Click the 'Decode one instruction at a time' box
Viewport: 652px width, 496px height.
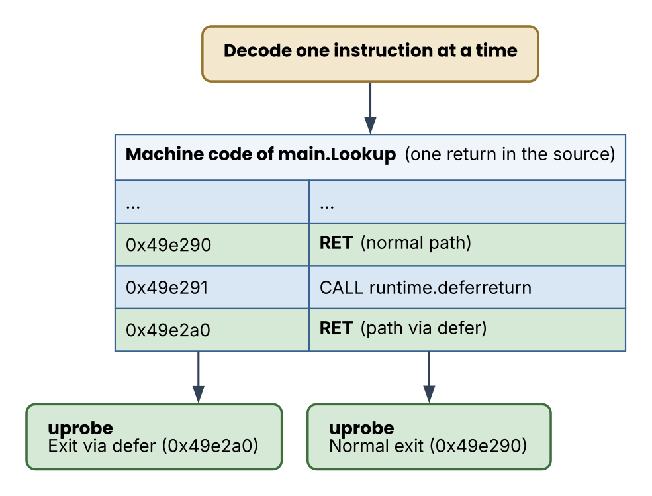pyautogui.click(x=370, y=54)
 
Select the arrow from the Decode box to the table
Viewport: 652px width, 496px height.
pyautogui.click(x=370, y=108)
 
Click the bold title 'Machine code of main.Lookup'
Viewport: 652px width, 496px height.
pyautogui.click(x=261, y=154)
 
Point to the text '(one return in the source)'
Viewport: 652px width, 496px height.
pyautogui.click(x=510, y=154)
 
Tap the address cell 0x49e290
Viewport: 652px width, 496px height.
pyautogui.click(x=212, y=244)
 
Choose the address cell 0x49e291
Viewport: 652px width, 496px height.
pyautogui.click(x=212, y=287)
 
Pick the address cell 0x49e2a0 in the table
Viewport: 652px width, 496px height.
pyautogui.click(x=212, y=330)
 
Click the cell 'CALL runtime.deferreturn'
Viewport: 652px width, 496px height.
pyautogui.click(x=467, y=287)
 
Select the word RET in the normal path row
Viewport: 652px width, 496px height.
pyautogui.click(x=336, y=243)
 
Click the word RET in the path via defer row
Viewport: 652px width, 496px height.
pyautogui.click(x=336, y=328)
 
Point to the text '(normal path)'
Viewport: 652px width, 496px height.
pyautogui.click(x=416, y=243)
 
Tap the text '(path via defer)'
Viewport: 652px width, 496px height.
pyautogui.click(x=424, y=328)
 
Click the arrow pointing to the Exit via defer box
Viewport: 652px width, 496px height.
pyautogui.click(x=199, y=377)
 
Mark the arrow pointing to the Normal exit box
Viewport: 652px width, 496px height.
pyautogui.click(x=429, y=377)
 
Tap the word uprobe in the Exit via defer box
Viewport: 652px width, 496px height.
pyautogui.click(x=81, y=429)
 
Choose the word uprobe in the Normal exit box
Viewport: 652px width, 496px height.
pyautogui.click(x=362, y=429)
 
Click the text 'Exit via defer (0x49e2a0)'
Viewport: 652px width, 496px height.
pyautogui.click(x=153, y=446)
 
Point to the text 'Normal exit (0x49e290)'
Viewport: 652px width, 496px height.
pyautogui.click(x=428, y=446)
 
